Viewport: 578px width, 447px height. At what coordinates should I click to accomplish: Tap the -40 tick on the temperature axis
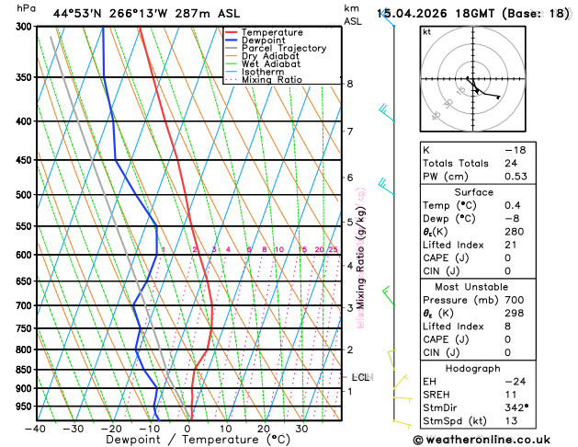pyautogui.click(x=36, y=429)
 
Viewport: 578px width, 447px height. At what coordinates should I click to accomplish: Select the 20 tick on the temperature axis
pyautogui.click(x=263, y=429)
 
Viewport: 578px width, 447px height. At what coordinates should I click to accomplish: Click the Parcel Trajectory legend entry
pyautogui.click(x=283, y=49)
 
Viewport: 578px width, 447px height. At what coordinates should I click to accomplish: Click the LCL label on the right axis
pyautogui.click(x=361, y=377)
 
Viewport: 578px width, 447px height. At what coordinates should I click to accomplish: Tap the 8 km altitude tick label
pyautogui.click(x=350, y=84)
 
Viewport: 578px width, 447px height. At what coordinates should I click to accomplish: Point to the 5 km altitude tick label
pyautogui.click(x=350, y=222)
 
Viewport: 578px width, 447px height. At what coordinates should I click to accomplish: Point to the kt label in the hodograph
pyautogui.click(x=427, y=31)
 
